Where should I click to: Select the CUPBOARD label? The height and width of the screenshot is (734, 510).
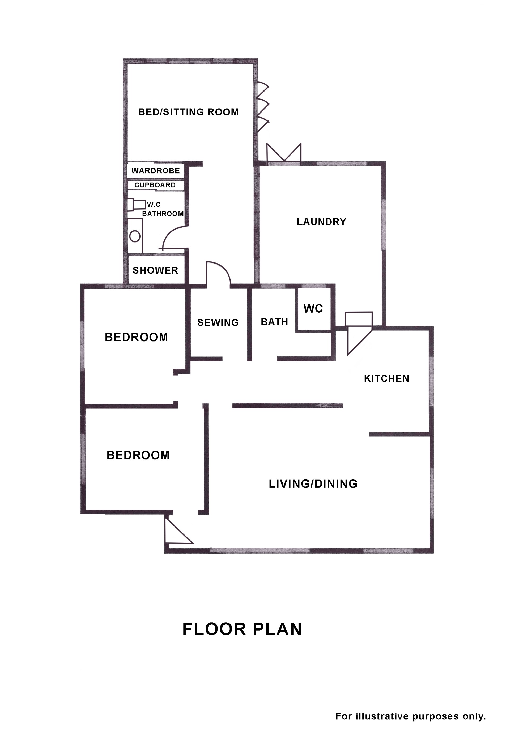[155, 185]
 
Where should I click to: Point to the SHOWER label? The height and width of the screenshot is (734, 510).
[155, 270]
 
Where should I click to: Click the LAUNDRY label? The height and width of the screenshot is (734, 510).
[321, 222]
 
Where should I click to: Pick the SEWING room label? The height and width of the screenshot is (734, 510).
[218, 322]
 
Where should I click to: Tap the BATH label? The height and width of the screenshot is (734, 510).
[274, 322]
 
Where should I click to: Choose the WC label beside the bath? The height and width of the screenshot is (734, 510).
[313, 308]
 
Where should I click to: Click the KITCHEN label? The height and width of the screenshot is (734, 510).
[387, 379]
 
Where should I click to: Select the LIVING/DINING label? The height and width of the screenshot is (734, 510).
[313, 484]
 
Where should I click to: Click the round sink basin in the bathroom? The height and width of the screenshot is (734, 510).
[135, 236]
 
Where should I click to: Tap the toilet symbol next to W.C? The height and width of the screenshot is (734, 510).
[137, 204]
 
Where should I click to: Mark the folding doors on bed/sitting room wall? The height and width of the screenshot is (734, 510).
[263, 107]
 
